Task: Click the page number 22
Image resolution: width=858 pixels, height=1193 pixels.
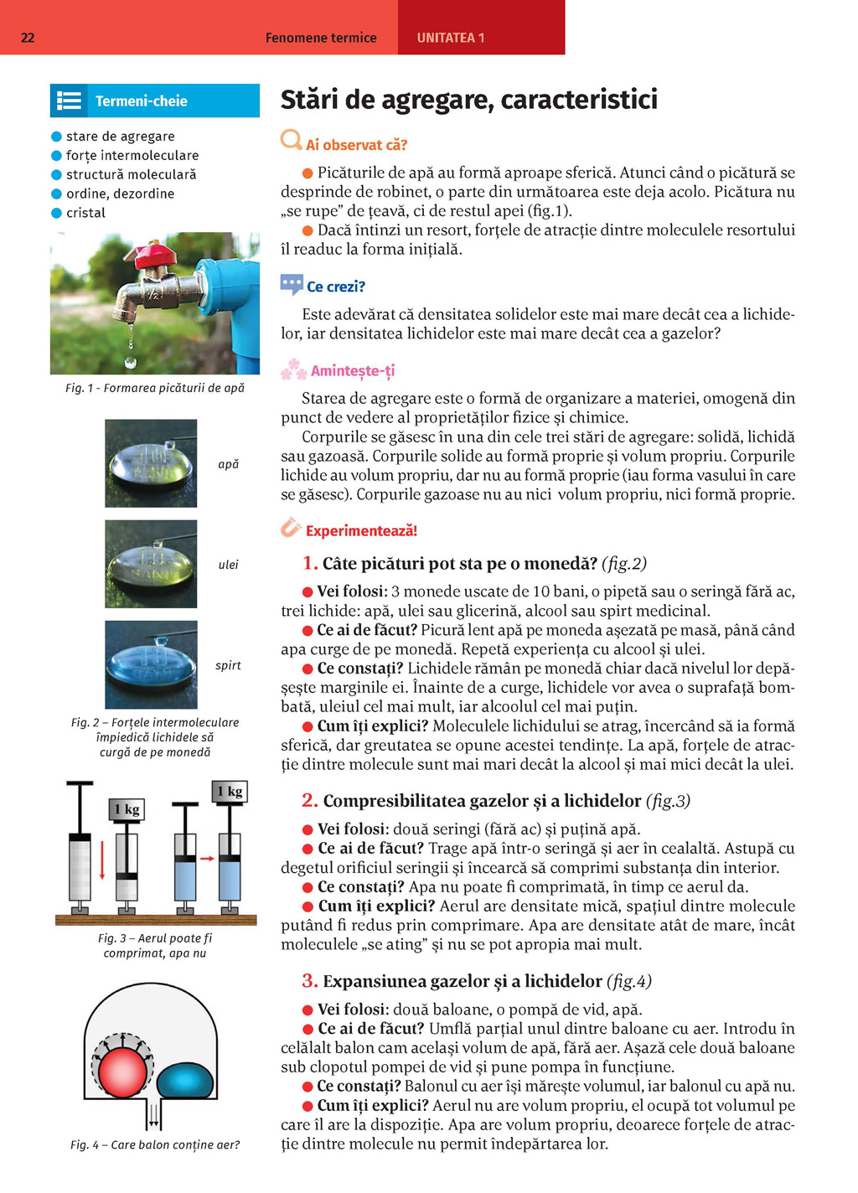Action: (x=28, y=37)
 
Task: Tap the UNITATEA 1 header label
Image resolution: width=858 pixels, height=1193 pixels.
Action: (x=451, y=38)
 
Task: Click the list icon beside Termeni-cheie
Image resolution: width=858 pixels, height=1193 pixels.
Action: (x=69, y=101)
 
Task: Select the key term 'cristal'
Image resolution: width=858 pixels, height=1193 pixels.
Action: (x=85, y=213)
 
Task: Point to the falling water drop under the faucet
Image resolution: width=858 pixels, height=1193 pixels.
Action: (x=130, y=362)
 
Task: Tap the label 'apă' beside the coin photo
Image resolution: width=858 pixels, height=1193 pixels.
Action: (x=229, y=464)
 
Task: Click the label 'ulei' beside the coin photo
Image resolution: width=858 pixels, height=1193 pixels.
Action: (x=229, y=565)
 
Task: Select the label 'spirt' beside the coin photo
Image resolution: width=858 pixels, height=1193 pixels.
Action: (x=228, y=665)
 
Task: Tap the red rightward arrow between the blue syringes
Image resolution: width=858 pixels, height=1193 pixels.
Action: (x=207, y=858)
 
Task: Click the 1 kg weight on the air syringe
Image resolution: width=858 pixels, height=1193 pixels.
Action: (x=127, y=809)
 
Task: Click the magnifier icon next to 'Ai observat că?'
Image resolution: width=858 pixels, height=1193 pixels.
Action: (x=292, y=140)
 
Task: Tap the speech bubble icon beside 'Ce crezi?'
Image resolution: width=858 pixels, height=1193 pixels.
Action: (x=292, y=285)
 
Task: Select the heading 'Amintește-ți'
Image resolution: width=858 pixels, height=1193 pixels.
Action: (x=353, y=371)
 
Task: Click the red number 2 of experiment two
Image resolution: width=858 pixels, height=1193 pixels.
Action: (x=310, y=800)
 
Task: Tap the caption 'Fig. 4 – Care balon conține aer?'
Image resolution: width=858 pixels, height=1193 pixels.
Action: (x=155, y=1144)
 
